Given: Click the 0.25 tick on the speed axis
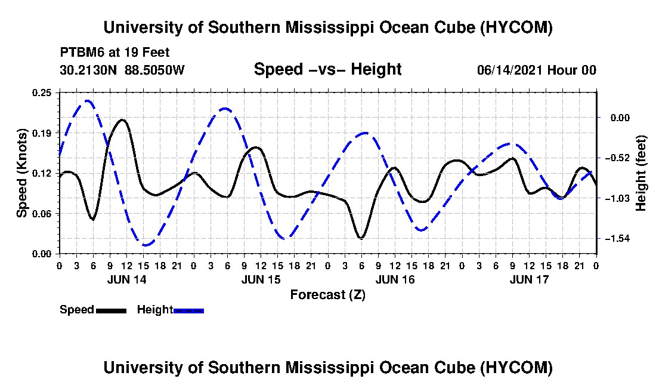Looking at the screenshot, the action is point(41,93).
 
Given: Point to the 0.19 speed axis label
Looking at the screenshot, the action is point(41,133).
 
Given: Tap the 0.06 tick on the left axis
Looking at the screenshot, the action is point(41,214).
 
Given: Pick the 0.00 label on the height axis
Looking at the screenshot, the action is point(620,118).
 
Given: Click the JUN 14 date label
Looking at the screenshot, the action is point(127,279).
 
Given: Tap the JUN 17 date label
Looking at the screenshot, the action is point(529,279).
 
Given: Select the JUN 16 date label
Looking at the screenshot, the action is point(395,279).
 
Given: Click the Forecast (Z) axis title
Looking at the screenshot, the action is point(328,295).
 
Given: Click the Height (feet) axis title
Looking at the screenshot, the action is point(640,173).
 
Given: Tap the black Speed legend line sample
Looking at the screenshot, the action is point(111,310).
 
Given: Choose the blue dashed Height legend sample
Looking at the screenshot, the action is point(188,310).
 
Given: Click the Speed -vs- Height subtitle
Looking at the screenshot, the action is point(328,69).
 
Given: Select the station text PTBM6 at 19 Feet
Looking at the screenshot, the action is point(115,53).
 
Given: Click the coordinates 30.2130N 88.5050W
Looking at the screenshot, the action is point(122,70).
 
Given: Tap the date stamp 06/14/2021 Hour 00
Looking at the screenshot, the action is point(537,70).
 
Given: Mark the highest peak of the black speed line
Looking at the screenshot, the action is point(122,120).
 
